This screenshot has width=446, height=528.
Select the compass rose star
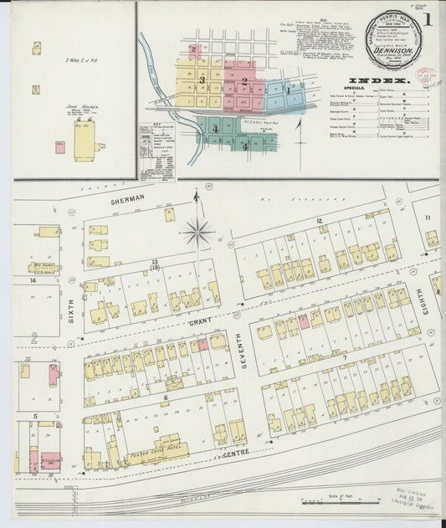click(x=197, y=230)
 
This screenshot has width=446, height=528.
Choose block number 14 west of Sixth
click(x=33, y=280)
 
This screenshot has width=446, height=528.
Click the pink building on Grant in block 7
click(x=304, y=320)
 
